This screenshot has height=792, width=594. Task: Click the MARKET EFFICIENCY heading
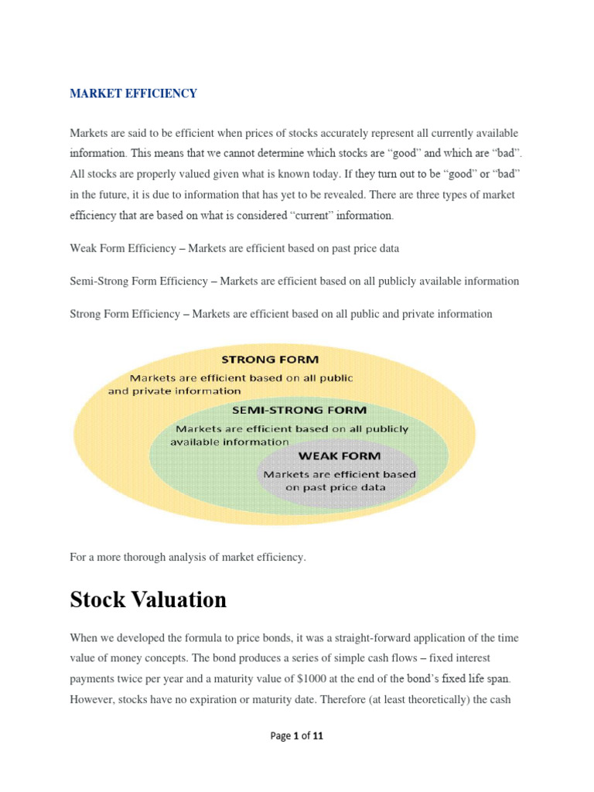tap(133, 94)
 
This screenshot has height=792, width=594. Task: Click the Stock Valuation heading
tap(148, 599)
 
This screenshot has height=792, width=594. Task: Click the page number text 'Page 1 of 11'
tap(296, 736)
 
